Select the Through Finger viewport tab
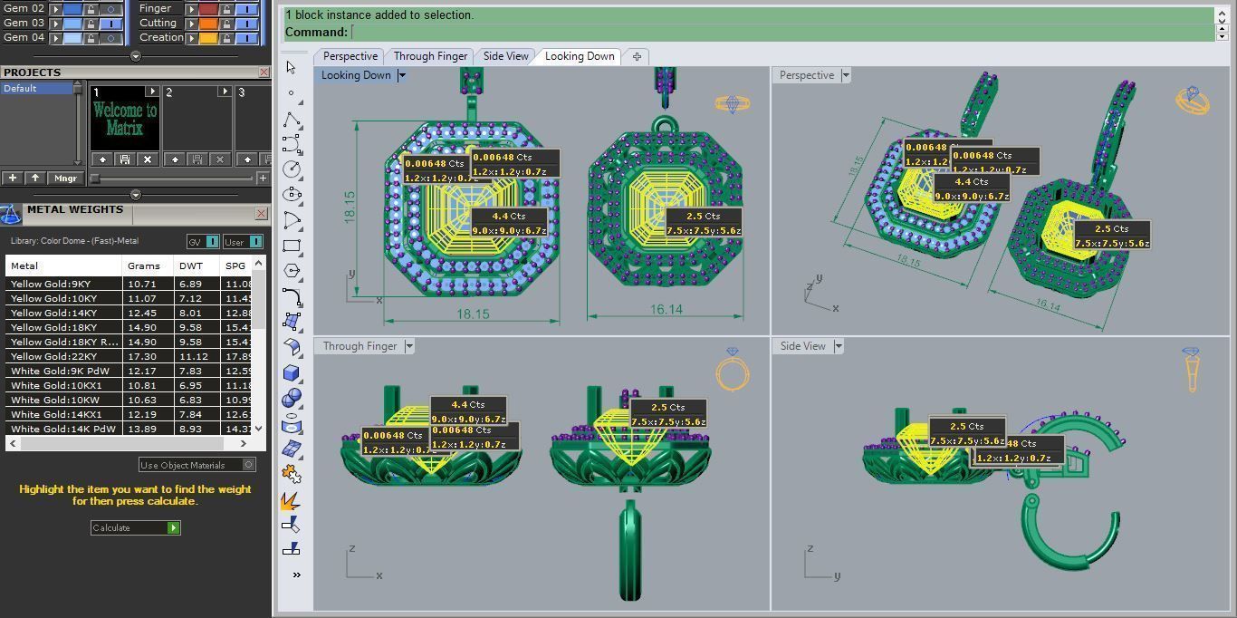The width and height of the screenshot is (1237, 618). tap(430, 56)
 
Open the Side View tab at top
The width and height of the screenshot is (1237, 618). tap(505, 56)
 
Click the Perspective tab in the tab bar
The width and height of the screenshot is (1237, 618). tap(350, 56)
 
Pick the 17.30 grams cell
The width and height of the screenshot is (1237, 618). tap(142, 356)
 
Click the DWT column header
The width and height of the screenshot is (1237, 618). tap(191, 266)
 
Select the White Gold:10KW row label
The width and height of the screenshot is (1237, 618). tap(54, 400)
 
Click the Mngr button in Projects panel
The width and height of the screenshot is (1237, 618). tap(65, 179)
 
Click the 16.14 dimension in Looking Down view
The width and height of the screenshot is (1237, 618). tap(666, 310)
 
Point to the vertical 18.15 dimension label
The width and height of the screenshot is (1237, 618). tap(350, 207)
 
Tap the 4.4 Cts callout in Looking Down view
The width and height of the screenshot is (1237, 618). tap(508, 217)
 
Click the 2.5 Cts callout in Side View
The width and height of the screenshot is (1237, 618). tap(966, 426)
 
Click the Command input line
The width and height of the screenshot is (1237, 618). tap(779, 33)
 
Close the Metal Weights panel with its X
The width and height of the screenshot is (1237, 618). tap(261, 214)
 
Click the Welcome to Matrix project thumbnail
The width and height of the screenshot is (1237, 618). tap(125, 119)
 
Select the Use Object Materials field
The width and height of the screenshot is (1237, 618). tap(190, 465)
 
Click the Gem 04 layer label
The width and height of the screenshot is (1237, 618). tap(24, 37)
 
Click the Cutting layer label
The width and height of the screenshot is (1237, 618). tap(158, 23)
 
